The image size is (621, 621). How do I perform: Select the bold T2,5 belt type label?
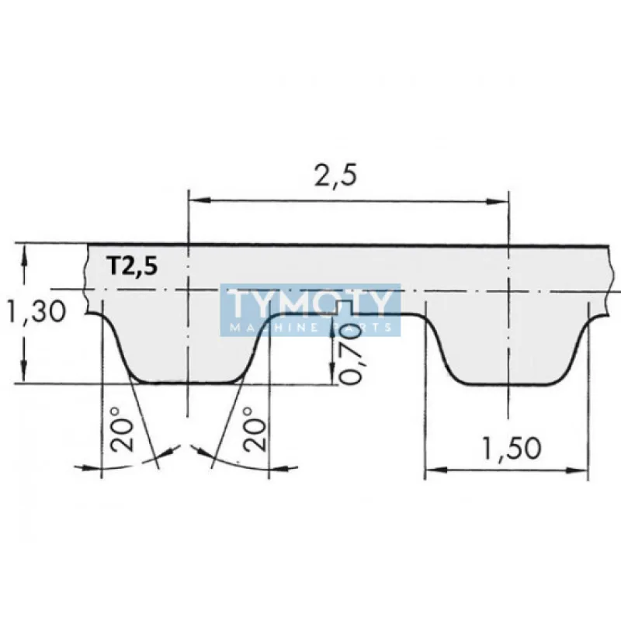point(132,266)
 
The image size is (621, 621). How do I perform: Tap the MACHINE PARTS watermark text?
point(310,328)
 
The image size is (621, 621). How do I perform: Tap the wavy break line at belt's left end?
point(85,276)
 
